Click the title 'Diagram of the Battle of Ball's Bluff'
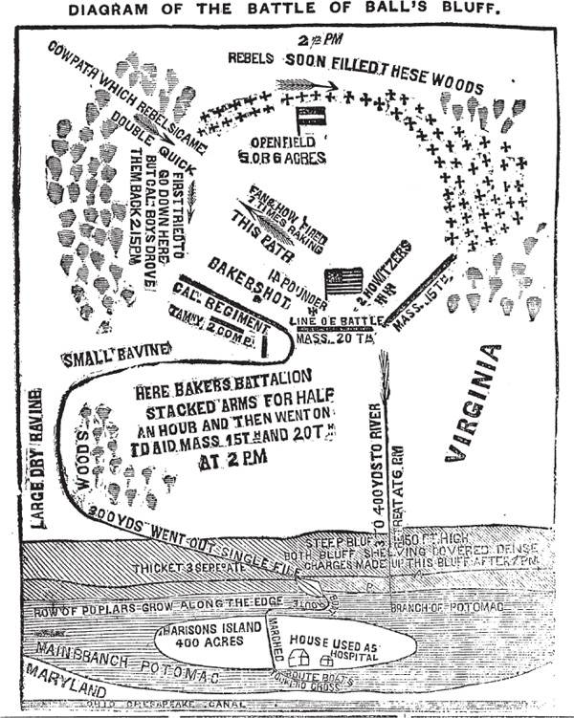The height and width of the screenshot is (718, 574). pos(287,11)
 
